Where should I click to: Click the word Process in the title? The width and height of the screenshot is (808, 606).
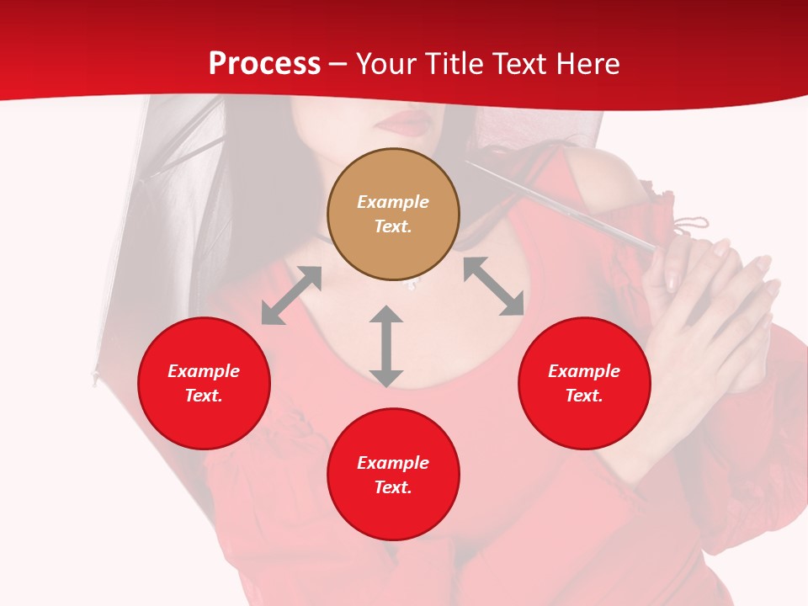(264, 64)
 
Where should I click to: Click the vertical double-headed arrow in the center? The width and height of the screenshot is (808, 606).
(386, 347)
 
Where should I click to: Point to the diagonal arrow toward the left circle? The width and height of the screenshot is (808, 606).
(291, 295)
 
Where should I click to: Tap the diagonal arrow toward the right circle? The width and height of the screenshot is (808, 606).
(493, 286)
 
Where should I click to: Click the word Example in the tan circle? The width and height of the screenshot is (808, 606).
(393, 202)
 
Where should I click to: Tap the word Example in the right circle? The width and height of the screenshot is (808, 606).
(584, 371)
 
